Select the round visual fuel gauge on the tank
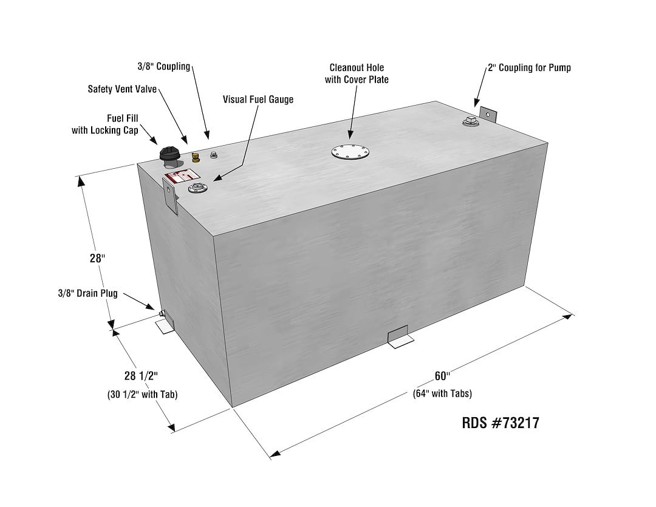(x=197, y=188)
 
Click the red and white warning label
(x=175, y=179)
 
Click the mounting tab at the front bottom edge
(x=399, y=337)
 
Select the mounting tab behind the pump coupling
(x=488, y=115)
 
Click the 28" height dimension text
(x=98, y=257)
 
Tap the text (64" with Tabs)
(x=442, y=393)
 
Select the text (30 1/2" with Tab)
(x=142, y=394)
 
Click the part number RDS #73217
(x=500, y=423)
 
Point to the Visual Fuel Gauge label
(x=258, y=99)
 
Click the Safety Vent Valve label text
(x=122, y=89)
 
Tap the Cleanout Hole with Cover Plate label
(x=357, y=73)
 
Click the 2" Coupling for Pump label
(x=528, y=67)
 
